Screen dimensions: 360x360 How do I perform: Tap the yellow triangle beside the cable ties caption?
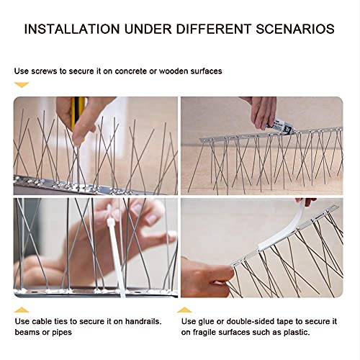(22, 310)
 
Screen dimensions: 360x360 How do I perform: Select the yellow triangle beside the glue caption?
(187, 310)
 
